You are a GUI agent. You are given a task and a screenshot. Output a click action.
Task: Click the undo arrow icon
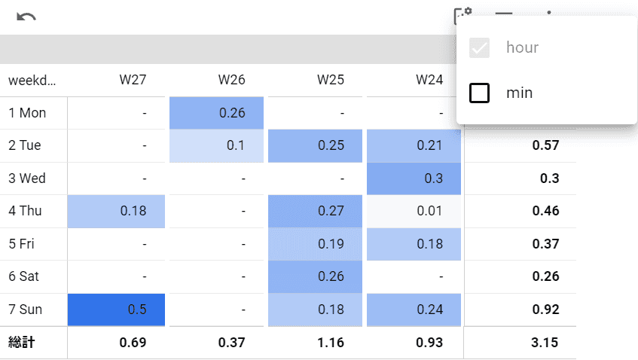[x=26, y=17]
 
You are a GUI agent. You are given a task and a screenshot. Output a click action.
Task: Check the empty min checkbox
[x=480, y=93]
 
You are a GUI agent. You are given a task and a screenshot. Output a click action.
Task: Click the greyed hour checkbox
[x=480, y=48]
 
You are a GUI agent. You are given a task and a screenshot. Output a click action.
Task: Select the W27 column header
[x=133, y=80]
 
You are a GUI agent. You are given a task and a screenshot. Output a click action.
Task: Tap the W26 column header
[x=231, y=80]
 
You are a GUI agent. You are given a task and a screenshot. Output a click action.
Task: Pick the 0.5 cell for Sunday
[x=116, y=310]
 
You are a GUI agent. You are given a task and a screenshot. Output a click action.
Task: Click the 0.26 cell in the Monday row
[x=217, y=113]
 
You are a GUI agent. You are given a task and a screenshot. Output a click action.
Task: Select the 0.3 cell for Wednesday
[x=414, y=178]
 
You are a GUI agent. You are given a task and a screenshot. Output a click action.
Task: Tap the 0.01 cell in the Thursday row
[x=414, y=211]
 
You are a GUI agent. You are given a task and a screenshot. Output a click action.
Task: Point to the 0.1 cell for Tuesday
[x=217, y=145]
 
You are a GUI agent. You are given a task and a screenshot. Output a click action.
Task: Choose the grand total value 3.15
[x=545, y=343]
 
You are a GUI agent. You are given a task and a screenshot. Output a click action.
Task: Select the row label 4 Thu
[x=26, y=211]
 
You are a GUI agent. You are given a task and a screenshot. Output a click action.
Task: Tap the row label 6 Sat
[x=24, y=276]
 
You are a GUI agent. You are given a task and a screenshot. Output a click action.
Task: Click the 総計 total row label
[x=22, y=343]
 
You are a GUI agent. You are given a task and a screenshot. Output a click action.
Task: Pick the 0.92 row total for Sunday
[x=545, y=310]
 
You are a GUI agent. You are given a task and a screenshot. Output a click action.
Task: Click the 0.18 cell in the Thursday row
[x=116, y=211]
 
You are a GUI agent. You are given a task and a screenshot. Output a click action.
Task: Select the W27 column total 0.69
[x=133, y=343]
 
